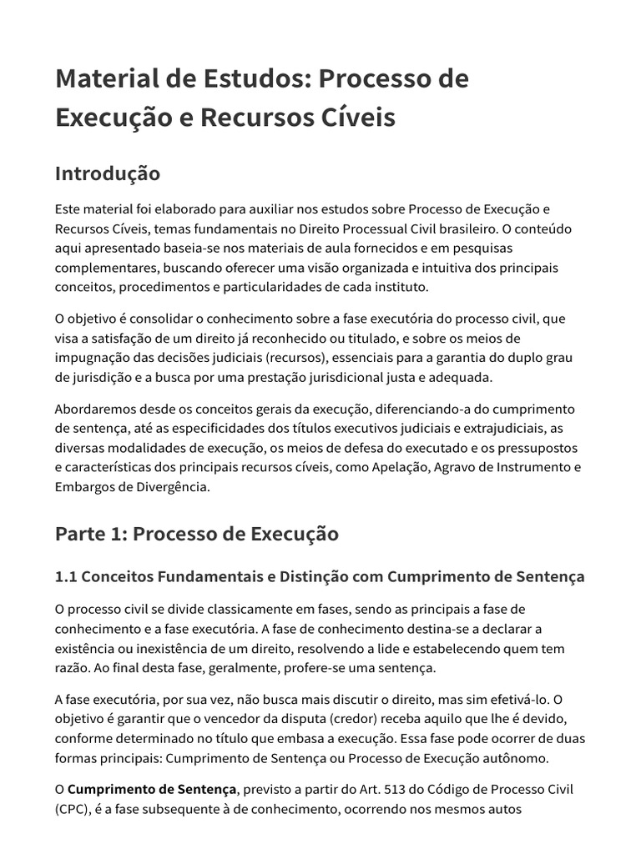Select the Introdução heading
tap(108, 173)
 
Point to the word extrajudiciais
tap(490, 429)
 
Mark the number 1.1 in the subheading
tap(66, 577)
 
